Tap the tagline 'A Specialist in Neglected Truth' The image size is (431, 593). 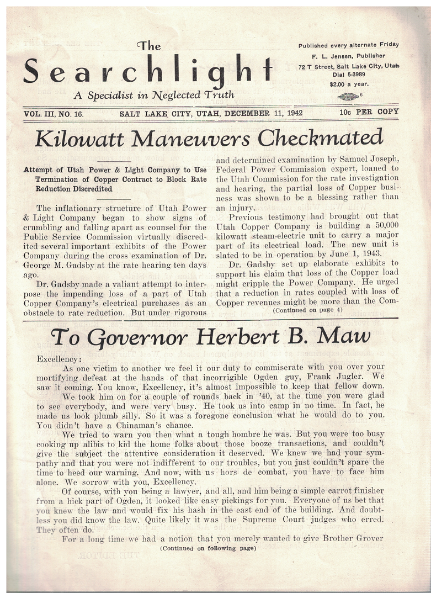(154, 95)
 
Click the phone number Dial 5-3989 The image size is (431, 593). (349, 74)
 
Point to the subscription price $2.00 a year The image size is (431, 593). (349, 84)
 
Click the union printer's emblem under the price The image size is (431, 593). (348, 96)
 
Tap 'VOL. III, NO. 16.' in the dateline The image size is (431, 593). (54, 114)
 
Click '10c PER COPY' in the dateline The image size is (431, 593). (369, 112)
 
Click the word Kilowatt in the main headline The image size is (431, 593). (81, 139)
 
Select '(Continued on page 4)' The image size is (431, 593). (307, 310)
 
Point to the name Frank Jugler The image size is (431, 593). (329, 377)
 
